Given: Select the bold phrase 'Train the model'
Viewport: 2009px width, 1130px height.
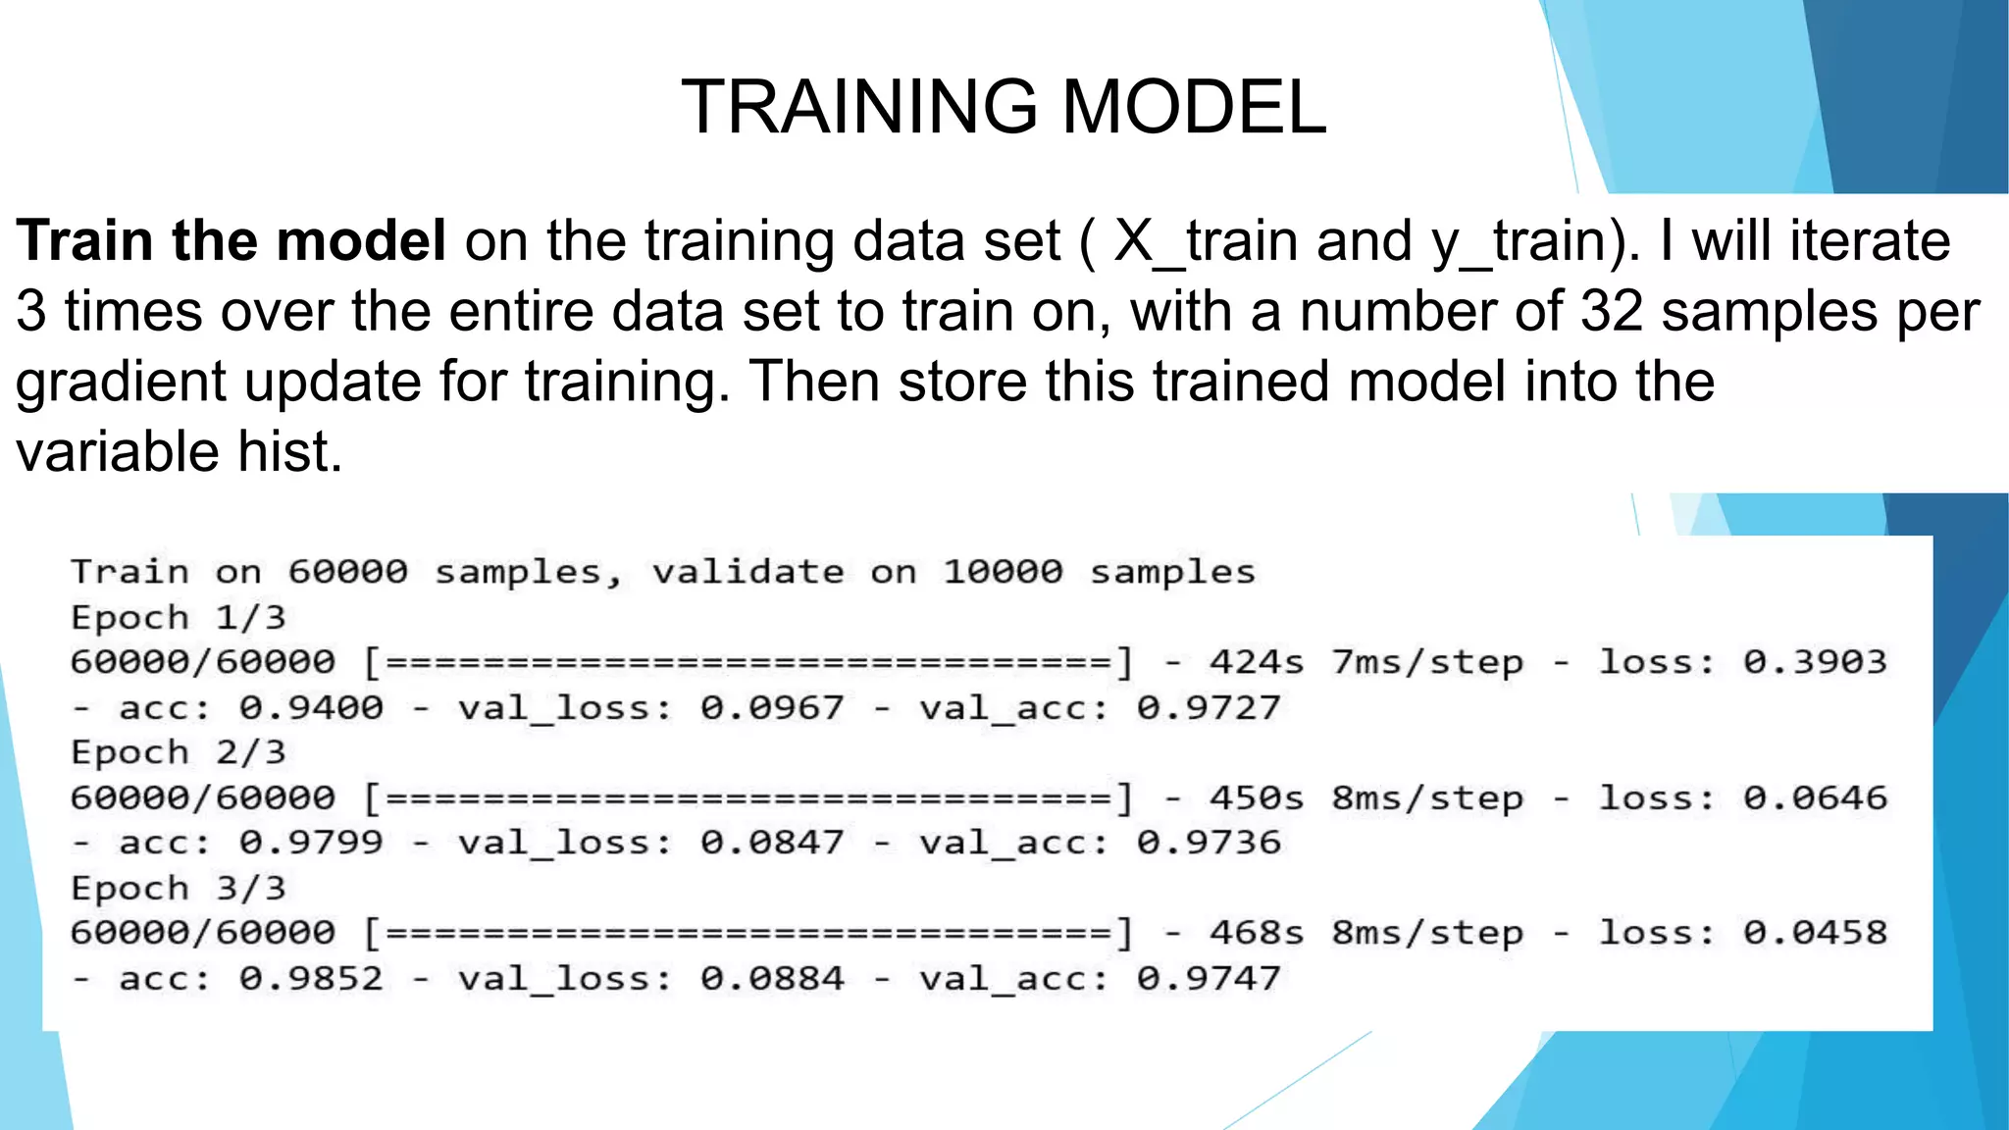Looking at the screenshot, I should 232,241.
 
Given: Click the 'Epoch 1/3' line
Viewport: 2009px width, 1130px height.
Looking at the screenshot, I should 178,618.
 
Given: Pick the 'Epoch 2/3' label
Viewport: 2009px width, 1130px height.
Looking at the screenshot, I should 178,752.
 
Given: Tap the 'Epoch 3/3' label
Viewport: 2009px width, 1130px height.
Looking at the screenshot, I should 178,889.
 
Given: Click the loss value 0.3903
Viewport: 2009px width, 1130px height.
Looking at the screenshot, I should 1815,662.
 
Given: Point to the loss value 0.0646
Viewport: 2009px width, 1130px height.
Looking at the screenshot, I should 1815,797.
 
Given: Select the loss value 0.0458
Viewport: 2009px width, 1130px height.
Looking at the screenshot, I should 1815,933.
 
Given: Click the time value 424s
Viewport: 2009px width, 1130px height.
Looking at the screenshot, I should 1257,662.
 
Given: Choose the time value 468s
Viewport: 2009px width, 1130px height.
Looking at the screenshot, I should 1257,933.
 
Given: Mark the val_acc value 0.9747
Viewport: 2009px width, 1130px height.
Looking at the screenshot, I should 1209,979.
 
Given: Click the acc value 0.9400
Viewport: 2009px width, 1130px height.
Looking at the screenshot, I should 311,707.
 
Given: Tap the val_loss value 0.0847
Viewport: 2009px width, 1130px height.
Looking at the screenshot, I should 772,843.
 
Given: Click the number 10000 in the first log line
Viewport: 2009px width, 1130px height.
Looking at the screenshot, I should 1003,571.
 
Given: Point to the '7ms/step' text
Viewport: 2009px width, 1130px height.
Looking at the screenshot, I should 1427,662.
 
